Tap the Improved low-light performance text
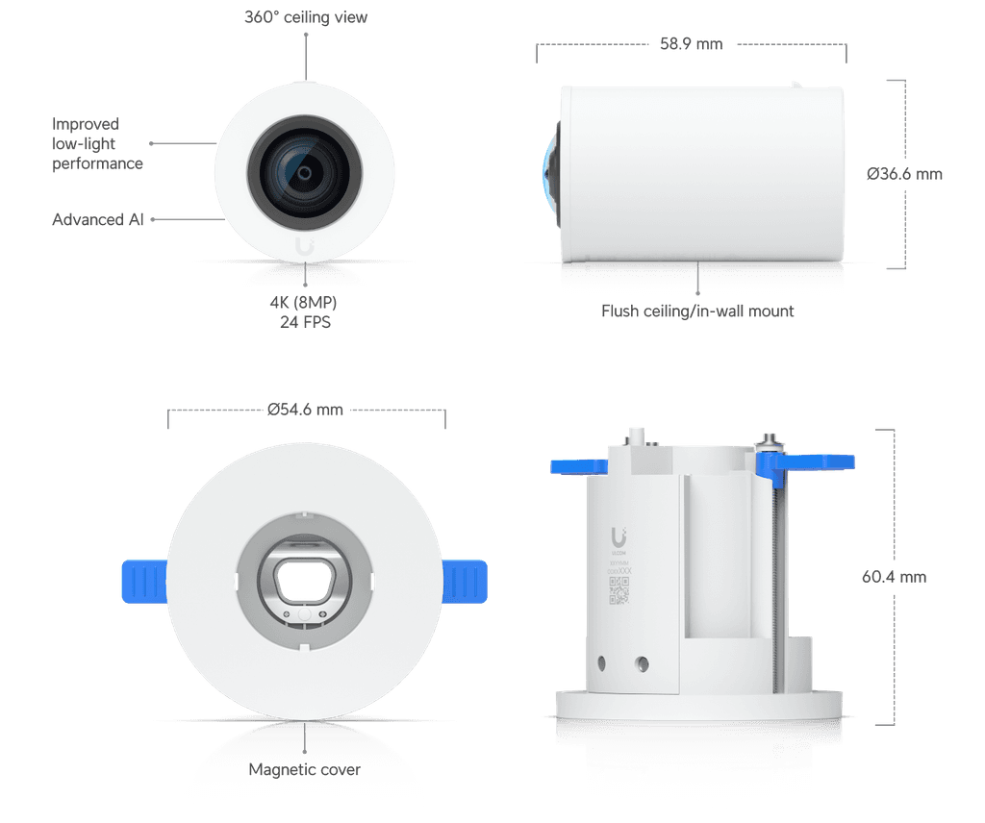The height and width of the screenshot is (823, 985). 97,144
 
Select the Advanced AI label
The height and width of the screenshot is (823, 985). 98,220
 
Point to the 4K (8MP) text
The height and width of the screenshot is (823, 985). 304,304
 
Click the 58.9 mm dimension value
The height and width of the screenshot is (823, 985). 692,43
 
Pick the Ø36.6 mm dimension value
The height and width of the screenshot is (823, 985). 904,174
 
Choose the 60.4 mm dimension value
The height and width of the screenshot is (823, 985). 894,577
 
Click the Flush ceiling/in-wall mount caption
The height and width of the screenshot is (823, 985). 698,312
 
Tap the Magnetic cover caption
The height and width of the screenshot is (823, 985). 304,769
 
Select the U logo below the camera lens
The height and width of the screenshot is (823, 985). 305,245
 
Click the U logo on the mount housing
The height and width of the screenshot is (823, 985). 618,536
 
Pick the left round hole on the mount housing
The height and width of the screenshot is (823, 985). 601,662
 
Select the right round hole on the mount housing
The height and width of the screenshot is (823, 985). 642,662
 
